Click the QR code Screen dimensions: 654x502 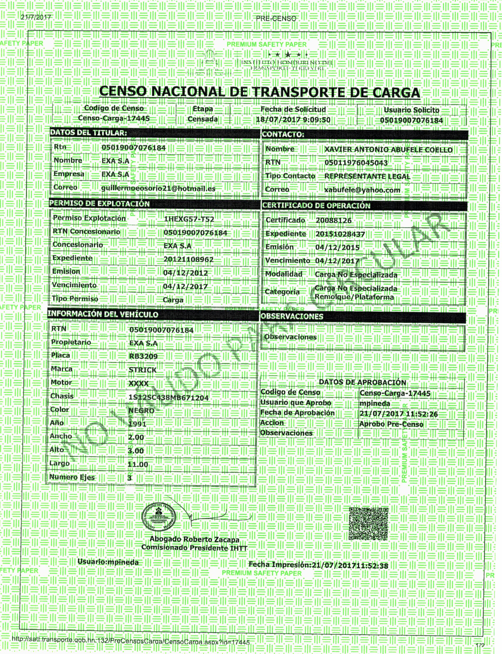(369, 524)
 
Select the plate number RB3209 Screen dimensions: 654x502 (143, 356)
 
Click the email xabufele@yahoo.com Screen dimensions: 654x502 (362, 190)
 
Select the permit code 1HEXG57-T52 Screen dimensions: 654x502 (189, 219)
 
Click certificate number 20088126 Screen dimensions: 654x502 (334, 220)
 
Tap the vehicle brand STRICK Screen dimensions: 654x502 (143, 370)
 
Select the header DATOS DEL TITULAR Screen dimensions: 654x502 (88, 133)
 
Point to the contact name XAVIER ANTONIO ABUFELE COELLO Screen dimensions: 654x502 (388, 150)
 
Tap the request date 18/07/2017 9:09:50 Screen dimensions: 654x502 (293, 120)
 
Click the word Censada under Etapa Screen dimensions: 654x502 (203, 119)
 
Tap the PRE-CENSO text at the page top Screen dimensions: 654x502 (276, 18)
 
